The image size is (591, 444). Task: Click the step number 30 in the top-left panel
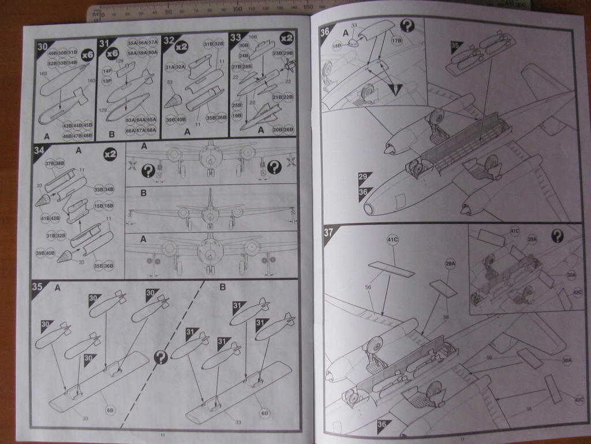[42, 46]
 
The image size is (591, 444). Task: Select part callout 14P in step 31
[107, 71]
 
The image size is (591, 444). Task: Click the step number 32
[169, 40]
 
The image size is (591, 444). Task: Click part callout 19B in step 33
[237, 115]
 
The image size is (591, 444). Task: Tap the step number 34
[39, 151]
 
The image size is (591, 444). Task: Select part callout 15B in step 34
[99, 206]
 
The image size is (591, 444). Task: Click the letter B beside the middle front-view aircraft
[144, 193]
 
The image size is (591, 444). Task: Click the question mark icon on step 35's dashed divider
[161, 357]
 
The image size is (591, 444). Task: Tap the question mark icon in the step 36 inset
[407, 25]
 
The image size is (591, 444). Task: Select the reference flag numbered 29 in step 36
[363, 177]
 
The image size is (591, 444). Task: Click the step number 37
[329, 233]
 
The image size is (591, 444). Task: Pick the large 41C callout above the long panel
[393, 239]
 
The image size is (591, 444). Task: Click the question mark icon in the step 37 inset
[557, 235]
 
